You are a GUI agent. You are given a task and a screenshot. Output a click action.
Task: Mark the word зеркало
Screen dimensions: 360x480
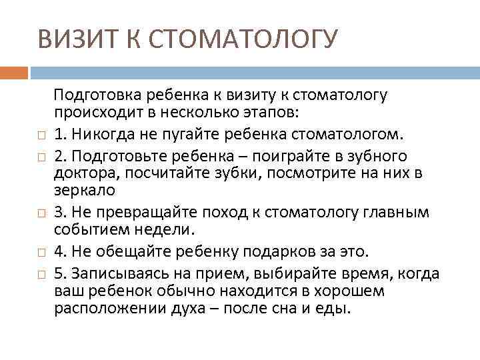pyautogui.click(x=85, y=189)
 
